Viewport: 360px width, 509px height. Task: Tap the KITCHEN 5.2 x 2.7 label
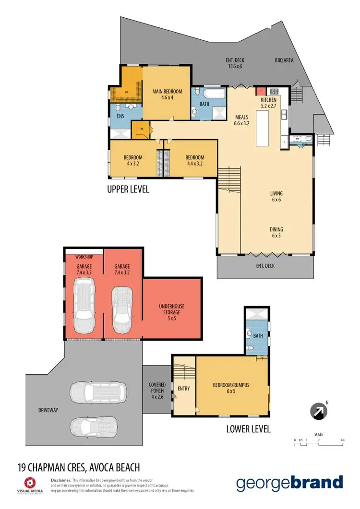(x=268, y=103)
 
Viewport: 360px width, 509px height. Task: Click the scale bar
(x=319, y=444)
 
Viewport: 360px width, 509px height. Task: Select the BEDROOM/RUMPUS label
(x=231, y=388)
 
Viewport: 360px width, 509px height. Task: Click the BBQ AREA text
(x=284, y=60)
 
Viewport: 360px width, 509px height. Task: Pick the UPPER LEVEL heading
(x=128, y=189)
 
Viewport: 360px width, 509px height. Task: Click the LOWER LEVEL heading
(x=248, y=428)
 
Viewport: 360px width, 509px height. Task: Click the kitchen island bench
(x=263, y=128)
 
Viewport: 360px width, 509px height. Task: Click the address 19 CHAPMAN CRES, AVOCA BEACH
(x=78, y=466)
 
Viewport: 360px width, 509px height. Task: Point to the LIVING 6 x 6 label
(x=276, y=197)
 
